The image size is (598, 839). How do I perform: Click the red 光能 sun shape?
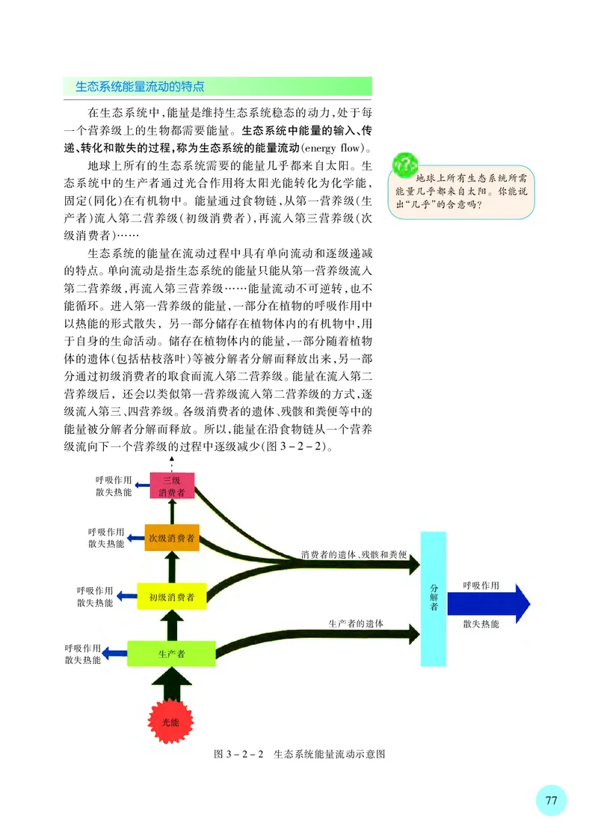click(171, 722)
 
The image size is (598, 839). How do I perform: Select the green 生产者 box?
click(171, 653)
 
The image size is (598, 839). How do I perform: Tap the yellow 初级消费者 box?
click(171, 596)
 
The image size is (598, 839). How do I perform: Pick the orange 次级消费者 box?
click(172, 538)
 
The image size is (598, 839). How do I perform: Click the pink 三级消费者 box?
click(172, 485)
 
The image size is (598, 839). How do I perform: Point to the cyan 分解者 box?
click(434, 598)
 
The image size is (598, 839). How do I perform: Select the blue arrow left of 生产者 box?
click(114, 654)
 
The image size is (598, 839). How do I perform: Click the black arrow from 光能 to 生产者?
click(171, 682)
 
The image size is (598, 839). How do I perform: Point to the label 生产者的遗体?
click(356, 622)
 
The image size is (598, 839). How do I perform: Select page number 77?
click(551, 799)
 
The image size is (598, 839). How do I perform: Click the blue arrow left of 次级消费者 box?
click(135, 538)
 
